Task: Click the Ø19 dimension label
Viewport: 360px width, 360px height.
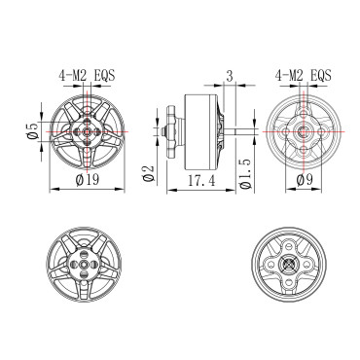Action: click(88, 179)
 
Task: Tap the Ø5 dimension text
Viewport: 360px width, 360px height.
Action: click(33, 131)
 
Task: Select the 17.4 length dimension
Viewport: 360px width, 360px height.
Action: click(201, 180)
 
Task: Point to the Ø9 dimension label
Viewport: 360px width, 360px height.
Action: click(305, 179)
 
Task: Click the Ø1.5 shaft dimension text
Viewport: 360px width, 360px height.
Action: click(246, 173)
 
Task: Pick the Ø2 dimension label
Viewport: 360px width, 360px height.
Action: click(148, 173)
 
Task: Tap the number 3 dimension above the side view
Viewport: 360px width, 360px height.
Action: click(230, 76)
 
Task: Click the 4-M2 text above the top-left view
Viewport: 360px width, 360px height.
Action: click(73, 76)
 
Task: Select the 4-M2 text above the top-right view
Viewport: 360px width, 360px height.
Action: click(289, 76)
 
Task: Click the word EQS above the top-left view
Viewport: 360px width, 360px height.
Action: click(104, 76)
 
